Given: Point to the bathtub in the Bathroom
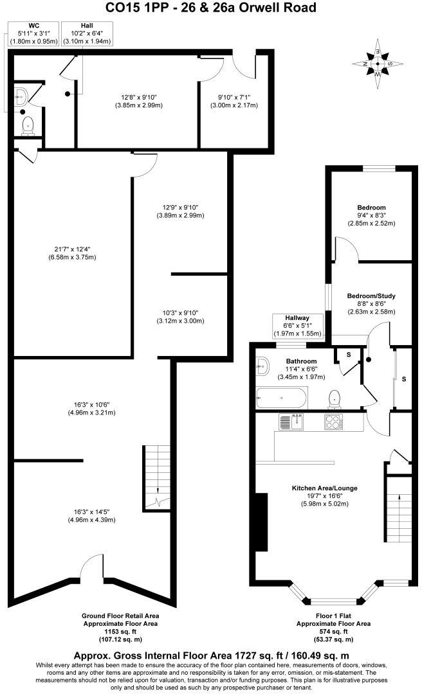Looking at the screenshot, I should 282,398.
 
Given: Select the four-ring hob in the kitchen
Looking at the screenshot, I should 333,422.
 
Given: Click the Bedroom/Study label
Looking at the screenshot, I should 371,296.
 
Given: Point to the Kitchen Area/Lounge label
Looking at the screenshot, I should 324,488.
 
